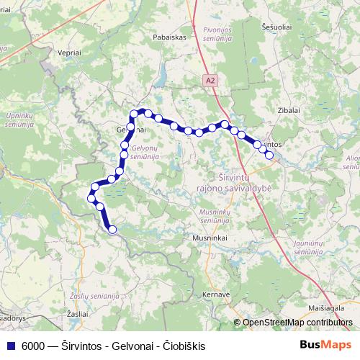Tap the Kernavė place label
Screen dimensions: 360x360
point(215,294)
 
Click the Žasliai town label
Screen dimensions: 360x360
point(76,315)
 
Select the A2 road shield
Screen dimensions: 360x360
point(210,81)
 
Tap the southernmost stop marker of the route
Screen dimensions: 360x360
point(112,230)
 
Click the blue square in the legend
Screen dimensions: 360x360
point(11,344)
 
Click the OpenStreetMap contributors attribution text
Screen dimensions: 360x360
point(297,323)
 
